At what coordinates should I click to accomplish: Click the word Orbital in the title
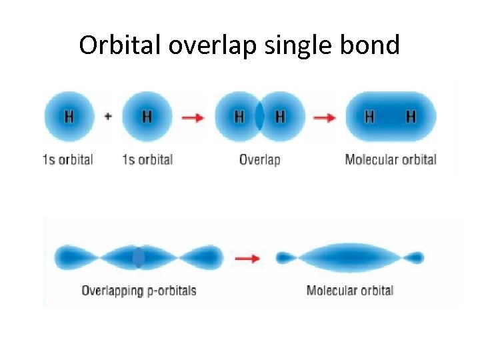coord(120,45)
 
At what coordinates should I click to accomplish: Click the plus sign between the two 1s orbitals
coord(108,116)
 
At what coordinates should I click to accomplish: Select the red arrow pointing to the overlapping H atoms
coord(193,117)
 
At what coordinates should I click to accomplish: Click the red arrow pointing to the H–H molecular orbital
coord(325,117)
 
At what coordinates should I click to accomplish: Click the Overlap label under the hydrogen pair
coord(259,160)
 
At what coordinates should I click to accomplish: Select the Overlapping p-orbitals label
coord(139,291)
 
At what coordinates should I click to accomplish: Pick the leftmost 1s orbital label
coord(67,160)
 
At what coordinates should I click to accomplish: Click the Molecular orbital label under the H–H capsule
coord(390,160)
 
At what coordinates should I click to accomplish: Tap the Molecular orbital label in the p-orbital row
coord(350,291)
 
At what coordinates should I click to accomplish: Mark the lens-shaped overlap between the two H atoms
coord(259,117)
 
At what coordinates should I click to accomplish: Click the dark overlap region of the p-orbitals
coord(138,257)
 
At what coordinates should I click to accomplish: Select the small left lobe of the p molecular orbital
coord(285,257)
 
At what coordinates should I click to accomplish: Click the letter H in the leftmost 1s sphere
coord(69,117)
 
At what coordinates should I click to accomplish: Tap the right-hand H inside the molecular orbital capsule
coord(411,117)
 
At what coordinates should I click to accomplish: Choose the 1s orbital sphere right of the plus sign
coord(147,117)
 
